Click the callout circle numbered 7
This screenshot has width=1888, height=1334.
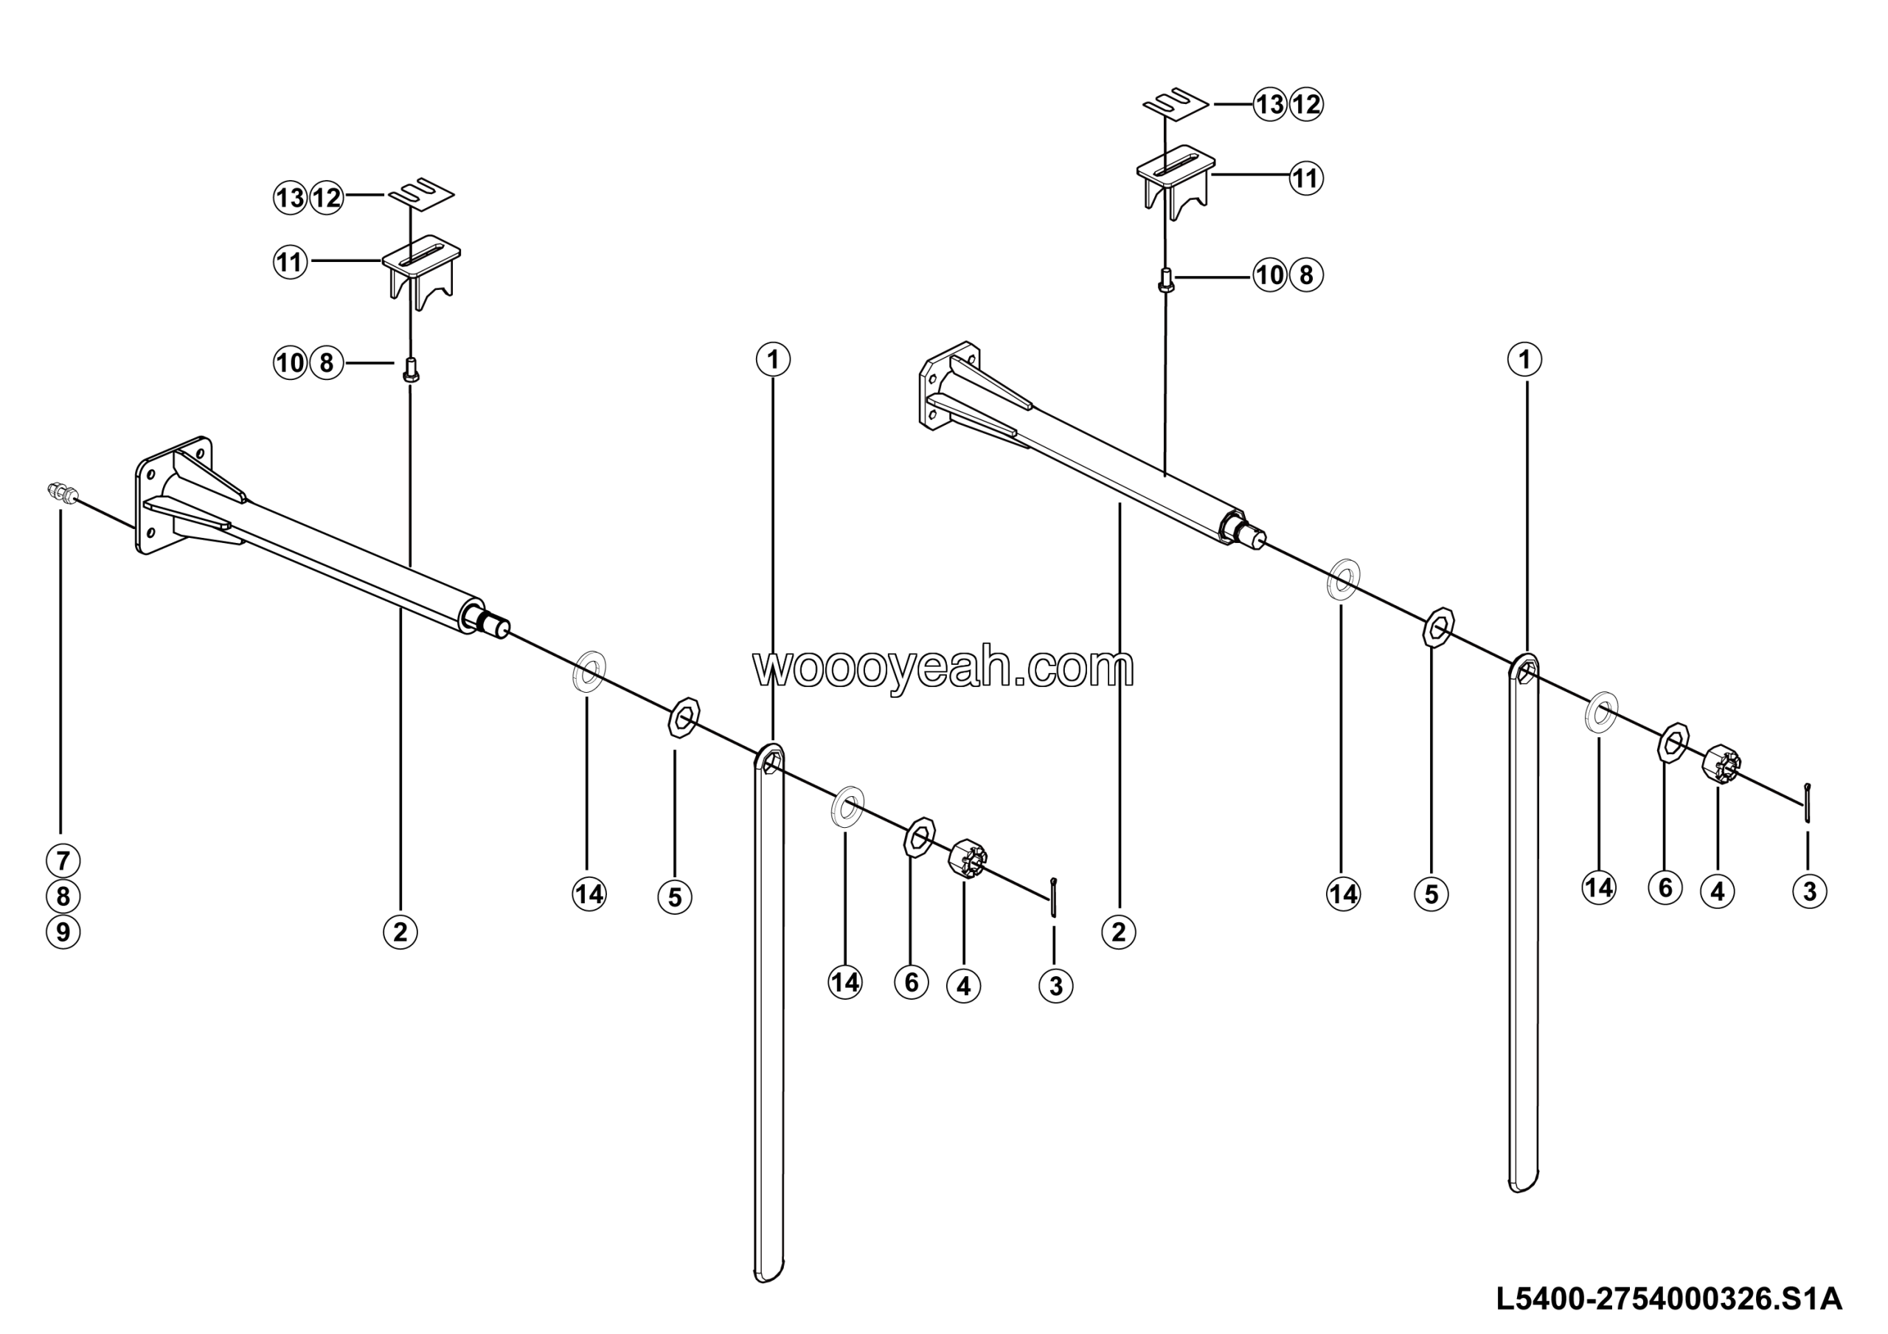click(63, 861)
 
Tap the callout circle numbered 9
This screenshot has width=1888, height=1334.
click(63, 933)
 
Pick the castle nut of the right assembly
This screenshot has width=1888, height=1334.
click(1721, 764)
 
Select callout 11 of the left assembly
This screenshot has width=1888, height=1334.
click(291, 263)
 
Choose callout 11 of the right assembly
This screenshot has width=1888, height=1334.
click(1306, 179)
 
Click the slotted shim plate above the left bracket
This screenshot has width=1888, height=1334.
click(422, 194)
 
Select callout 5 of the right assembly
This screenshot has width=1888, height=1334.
click(1431, 894)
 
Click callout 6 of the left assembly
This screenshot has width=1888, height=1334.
click(911, 982)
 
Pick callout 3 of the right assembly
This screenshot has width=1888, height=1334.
click(1810, 891)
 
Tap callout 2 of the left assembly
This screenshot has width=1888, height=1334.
click(400, 932)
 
